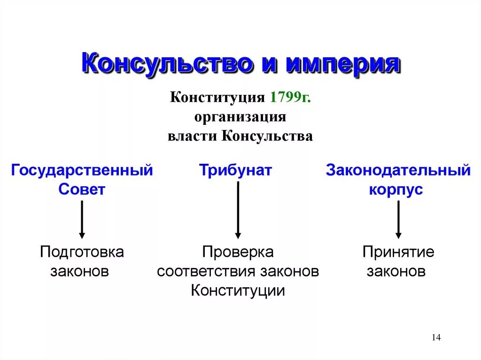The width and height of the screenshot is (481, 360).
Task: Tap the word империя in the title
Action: [x=343, y=64]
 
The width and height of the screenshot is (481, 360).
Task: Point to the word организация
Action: [x=240, y=117]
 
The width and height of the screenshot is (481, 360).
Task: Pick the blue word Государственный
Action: [x=82, y=170]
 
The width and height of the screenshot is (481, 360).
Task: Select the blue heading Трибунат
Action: [x=235, y=170]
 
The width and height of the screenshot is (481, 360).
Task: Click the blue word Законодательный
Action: [x=398, y=170]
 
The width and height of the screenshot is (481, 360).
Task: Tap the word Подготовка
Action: [x=82, y=252]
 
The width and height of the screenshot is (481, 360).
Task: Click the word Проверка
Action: [x=238, y=252]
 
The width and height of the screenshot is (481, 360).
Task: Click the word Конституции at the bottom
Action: [x=238, y=291]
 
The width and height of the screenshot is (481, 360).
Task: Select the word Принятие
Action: [x=398, y=252]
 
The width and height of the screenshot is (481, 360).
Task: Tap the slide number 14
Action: [x=435, y=337]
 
